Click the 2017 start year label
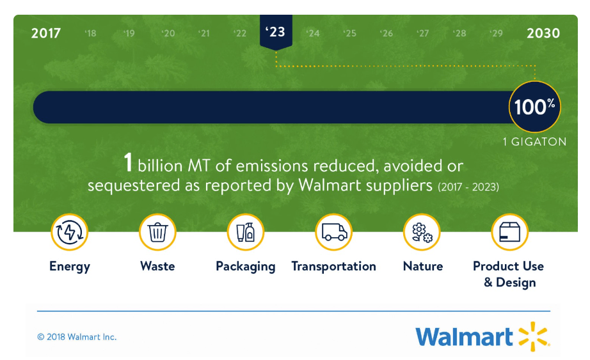[x=46, y=33]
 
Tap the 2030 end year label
[x=543, y=33]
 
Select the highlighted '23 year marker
[x=276, y=32]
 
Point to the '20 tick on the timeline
[x=168, y=33]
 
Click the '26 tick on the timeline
[x=387, y=33]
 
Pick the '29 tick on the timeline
[x=497, y=33]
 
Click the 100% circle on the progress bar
[x=535, y=107]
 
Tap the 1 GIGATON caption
[x=535, y=142]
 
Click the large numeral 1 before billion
[x=129, y=162]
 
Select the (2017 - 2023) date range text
[x=468, y=187]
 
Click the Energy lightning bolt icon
[x=70, y=232]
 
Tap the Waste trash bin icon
[x=157, y=232]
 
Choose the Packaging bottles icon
[x=246, y=232]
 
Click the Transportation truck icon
[x=334, y=232]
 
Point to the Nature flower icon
[x=422, y=232]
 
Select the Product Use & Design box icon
[x=510, y=232]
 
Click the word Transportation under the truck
[x=334, y=267]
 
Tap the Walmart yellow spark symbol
[x=534, y=336]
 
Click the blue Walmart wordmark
[x=464, y=337]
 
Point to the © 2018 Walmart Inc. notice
[x=77, y=337]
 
